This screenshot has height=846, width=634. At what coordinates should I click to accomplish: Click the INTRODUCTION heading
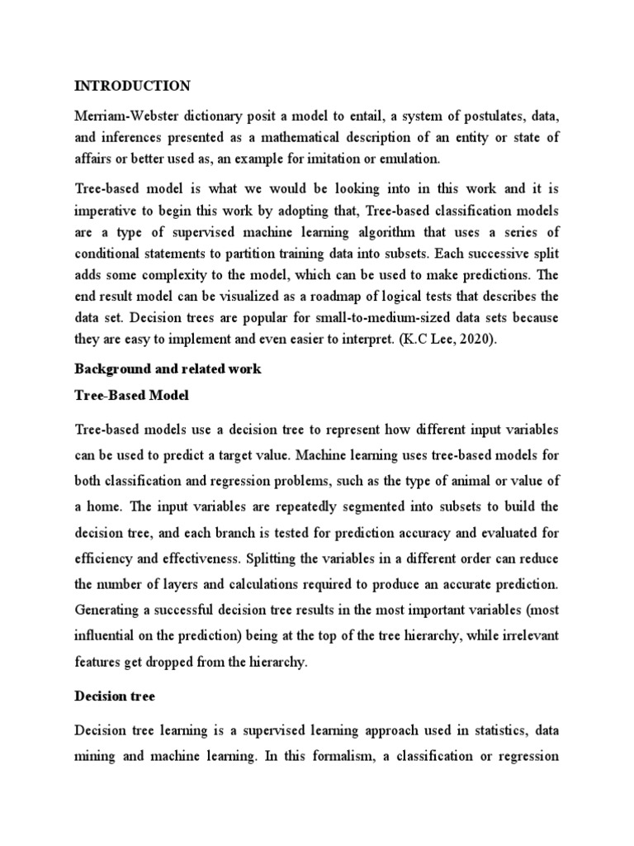point(132,86)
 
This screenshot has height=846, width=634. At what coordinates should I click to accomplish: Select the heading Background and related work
point(168,369)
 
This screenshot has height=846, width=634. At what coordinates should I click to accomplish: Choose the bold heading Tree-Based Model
point(131,396)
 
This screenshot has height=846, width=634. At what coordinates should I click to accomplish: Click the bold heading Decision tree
point(114,696)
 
